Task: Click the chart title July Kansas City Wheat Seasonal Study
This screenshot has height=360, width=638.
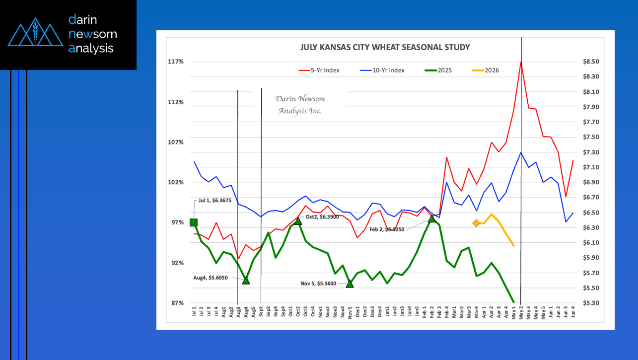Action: click(385, 47)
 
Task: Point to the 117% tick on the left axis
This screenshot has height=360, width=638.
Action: click(176, 62)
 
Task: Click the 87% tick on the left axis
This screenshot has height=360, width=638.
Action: click(176, 303)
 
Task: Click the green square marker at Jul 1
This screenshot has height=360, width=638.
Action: click(194, 222)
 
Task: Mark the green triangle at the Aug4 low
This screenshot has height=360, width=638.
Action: click(246, 281)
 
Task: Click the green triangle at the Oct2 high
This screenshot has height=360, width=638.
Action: click(298, 220)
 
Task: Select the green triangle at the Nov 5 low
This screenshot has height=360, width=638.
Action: click(350, 284)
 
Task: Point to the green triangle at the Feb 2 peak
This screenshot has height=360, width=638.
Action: click(432, 218)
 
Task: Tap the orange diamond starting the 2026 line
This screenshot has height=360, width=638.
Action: click(476, 223)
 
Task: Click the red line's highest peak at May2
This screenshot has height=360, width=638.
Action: click(521, 62)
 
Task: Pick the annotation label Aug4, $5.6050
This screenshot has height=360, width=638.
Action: click(210, 278)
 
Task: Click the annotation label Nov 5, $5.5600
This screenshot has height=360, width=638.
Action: click(318, 284)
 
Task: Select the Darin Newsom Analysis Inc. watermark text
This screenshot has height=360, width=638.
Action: click(300, 105)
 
